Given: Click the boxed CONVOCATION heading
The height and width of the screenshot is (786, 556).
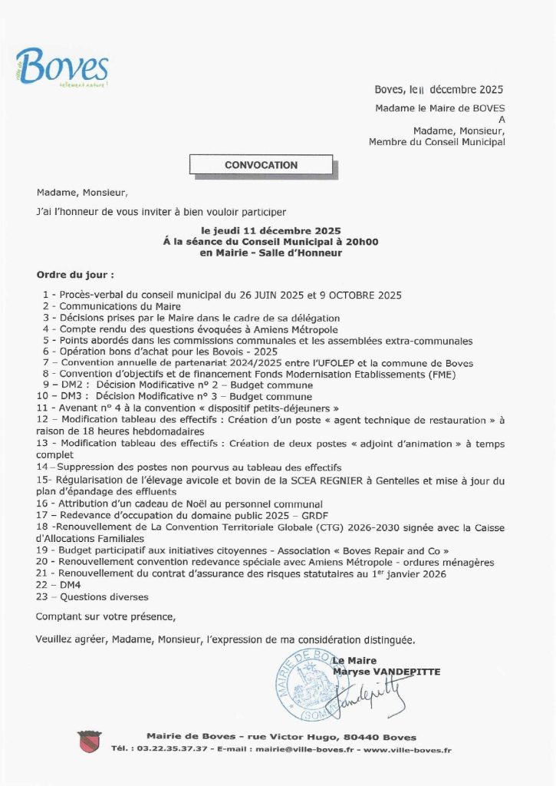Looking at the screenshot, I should (261, 165).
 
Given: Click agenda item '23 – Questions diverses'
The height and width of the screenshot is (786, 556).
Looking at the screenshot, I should (92, 596).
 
